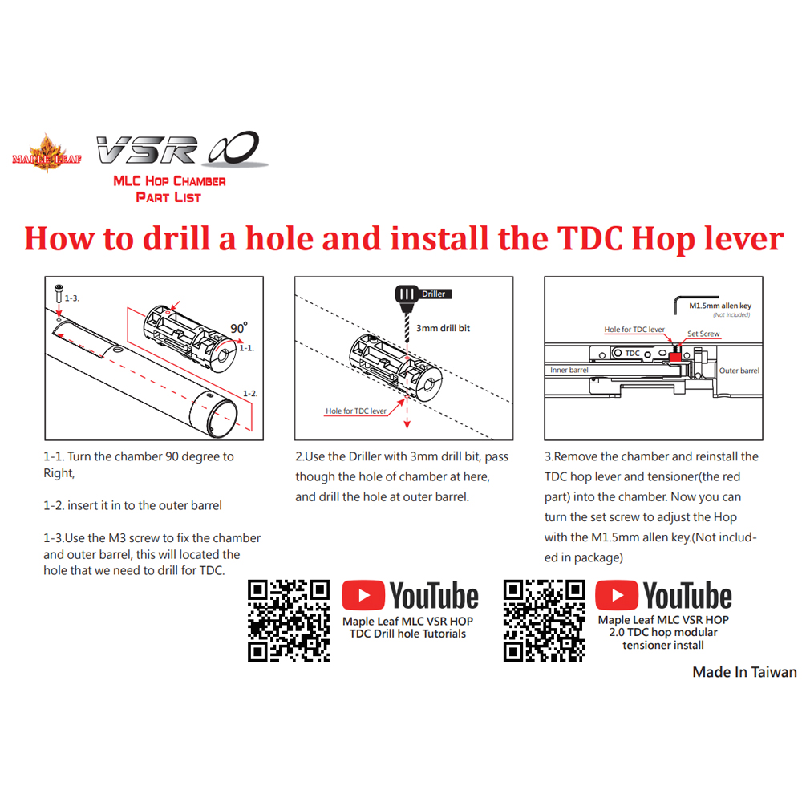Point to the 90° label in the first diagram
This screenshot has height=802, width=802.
(x=238, y=328)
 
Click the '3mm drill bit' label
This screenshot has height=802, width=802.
(x=443, y=327)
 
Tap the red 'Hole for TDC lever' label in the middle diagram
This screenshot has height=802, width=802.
(x=355, y=411)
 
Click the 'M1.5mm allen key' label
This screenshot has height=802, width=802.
(x=719, y=306)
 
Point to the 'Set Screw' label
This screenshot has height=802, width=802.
(x=703, y=334)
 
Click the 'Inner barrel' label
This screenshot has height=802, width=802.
(x=569, y=371)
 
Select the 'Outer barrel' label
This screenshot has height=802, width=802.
(x=739, y=371)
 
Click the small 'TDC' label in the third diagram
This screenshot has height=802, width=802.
(x=632, y=353)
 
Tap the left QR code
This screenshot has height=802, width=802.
(x=289, y=621)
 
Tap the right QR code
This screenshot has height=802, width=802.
(x=544, y=621)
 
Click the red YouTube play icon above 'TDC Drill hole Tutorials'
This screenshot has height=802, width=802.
(x=363, y=597)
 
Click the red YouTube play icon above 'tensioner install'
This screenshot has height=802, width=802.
(x=617, y=597)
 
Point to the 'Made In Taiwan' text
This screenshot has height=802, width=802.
(x=744, y=672)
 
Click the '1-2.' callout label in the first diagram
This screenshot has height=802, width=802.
(x=250, y=393)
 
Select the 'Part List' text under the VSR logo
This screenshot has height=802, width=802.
(x=168, y=196)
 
